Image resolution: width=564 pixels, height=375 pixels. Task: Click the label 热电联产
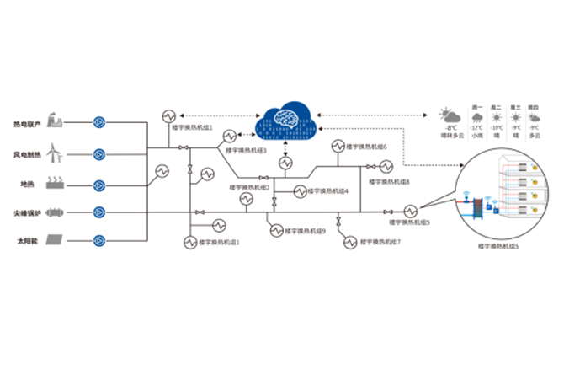pyautogui.click(x=28, y=124)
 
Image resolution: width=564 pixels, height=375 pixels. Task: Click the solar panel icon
pyautogui.click(x=56, y=240)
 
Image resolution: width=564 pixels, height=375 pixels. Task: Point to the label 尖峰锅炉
pyautogui.click(x=28, y=212)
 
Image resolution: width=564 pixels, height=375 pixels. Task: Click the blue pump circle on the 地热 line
pyautogui.click(x=99, y=184)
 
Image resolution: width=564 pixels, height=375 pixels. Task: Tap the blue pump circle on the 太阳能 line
pyautogui.click(x=99, y=241)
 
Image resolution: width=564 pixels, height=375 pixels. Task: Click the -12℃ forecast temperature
pyautogui.click(x=477, y=128)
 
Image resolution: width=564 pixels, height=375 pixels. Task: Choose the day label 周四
pyautogui.click(x=533, y=108)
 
